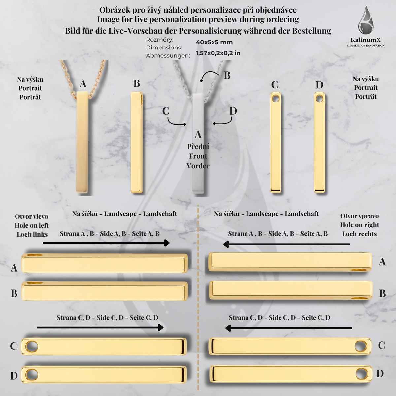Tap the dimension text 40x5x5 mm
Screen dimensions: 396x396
pyautogui.click(x=214, y=42)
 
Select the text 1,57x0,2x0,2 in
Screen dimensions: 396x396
pyautogui.click(x=218, y=53)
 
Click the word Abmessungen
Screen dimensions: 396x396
pyautogui.click(x=168, y=56)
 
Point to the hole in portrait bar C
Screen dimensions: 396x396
pyautogui.click(x=275, y=99)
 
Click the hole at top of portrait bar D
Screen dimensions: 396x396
pyautogui.click(x=319, y=99)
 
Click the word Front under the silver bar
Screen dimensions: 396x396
pyautogui.click(x=198, y=156)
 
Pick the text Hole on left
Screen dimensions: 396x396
pyautogui.click(x=31, y=225)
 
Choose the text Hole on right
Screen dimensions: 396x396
pyautogui.click(x=359, y=225)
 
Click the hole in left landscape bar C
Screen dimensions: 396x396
pyautogui.click(x=32, y=346)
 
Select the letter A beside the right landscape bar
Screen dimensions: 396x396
pyautogui.click(x=382, y=262)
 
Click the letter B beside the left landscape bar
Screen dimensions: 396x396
pyautogui.click(x=14, y=293)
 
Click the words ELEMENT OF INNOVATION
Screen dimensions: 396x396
pyautogui.click(x=366, y=46)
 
